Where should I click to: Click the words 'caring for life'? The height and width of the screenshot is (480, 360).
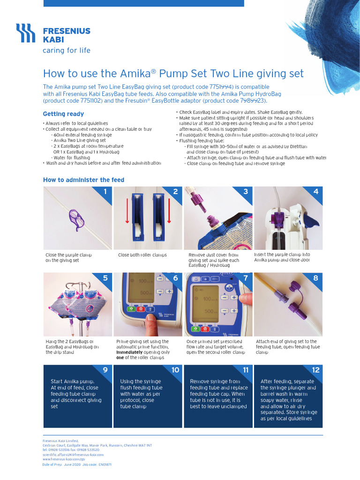coord(67,51)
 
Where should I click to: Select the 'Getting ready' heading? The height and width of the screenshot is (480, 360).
coord(63,114)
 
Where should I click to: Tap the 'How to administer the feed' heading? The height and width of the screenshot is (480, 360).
coord(84,180)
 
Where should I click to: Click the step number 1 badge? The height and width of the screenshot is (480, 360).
coord(105,191)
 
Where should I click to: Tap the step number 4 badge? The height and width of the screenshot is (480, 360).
coord(316,191)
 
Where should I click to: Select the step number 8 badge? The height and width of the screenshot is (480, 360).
coord(316,278)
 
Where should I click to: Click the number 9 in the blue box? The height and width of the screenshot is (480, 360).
coord(105,370)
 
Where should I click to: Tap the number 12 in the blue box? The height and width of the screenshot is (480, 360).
coord(315,370)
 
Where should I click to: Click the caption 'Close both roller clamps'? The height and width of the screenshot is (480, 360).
coord(142,255)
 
